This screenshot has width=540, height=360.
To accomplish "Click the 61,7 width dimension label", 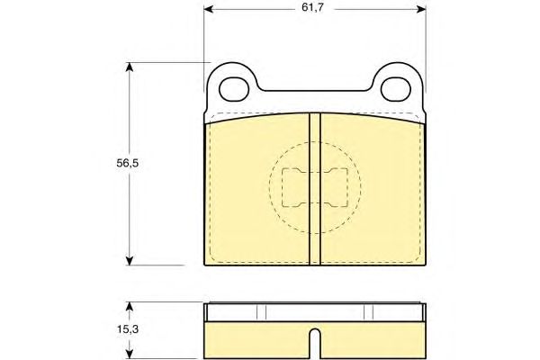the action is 312,7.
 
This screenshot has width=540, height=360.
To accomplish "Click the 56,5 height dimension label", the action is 128,163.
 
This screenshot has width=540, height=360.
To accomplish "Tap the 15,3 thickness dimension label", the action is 128,329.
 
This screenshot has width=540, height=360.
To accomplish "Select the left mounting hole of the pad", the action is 234,89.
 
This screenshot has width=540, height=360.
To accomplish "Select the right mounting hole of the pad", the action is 396,89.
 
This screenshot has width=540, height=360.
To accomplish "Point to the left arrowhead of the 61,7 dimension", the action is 209,9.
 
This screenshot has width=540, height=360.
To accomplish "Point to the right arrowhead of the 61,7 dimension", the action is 421,9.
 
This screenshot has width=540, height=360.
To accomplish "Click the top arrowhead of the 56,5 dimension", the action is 129,67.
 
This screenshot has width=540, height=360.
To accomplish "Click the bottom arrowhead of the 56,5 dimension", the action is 129,260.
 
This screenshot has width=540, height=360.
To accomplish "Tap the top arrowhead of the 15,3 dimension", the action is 129,307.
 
